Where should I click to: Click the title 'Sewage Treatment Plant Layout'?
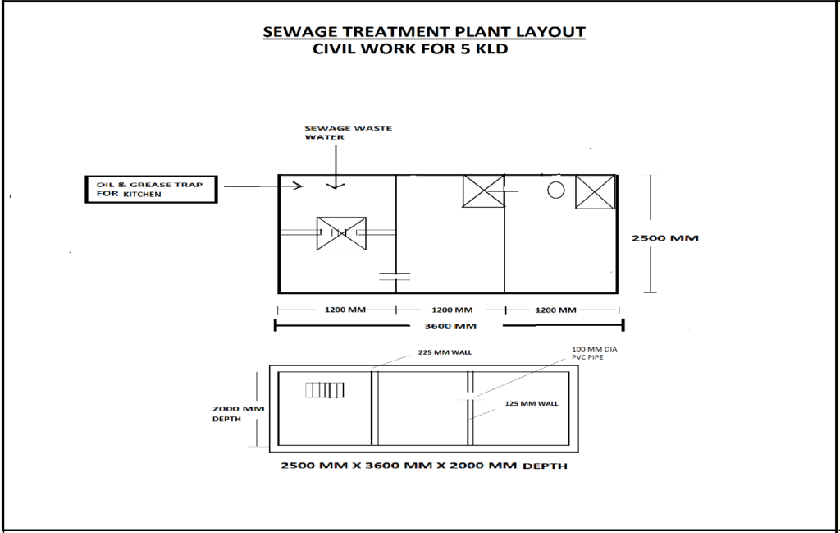[423, 32]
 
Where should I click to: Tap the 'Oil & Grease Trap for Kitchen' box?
[152, 189]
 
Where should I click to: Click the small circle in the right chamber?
[555, 191]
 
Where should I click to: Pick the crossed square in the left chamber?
[340, 234]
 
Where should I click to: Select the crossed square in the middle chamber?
[483, 191]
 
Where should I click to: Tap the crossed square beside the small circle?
[595, 191]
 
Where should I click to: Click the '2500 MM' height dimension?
[664, 238]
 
